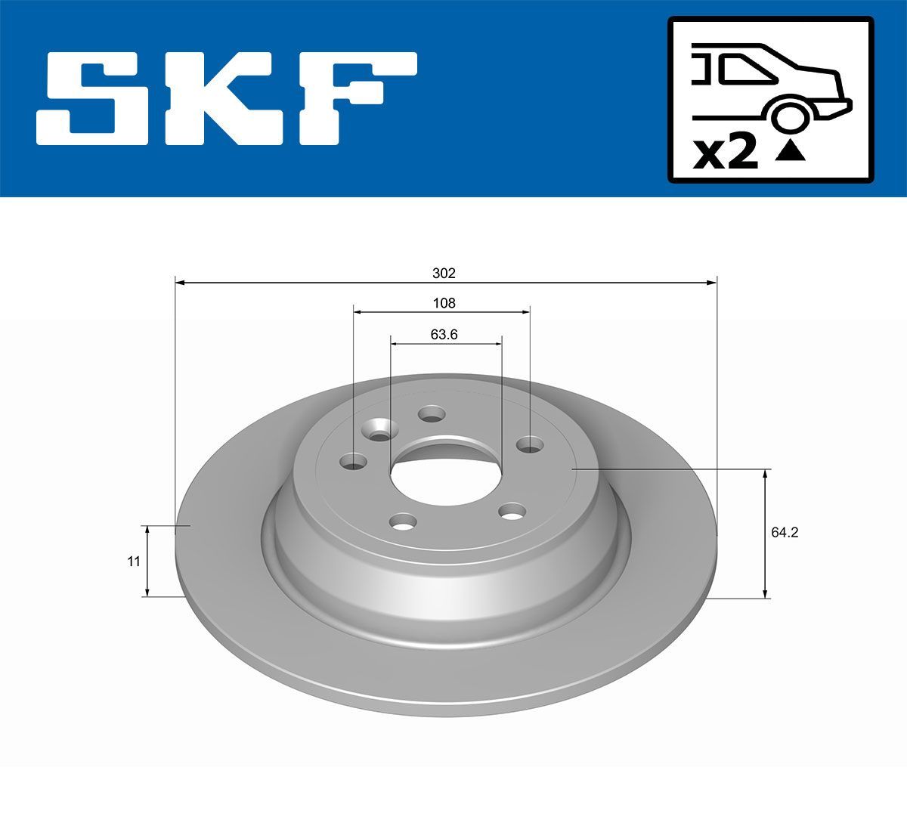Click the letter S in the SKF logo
pos(94,98)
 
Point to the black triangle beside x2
pos(791,151)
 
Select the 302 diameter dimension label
pos(445,273)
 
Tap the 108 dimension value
pos(444,303)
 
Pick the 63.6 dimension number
pos(444,334)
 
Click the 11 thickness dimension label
pos(134,561)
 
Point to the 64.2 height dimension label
pos(785,532)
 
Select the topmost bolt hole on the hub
pos(432,414)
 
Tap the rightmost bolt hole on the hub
pos(530,445)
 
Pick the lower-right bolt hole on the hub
pos(512,513)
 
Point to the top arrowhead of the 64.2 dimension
pos(766,474)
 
